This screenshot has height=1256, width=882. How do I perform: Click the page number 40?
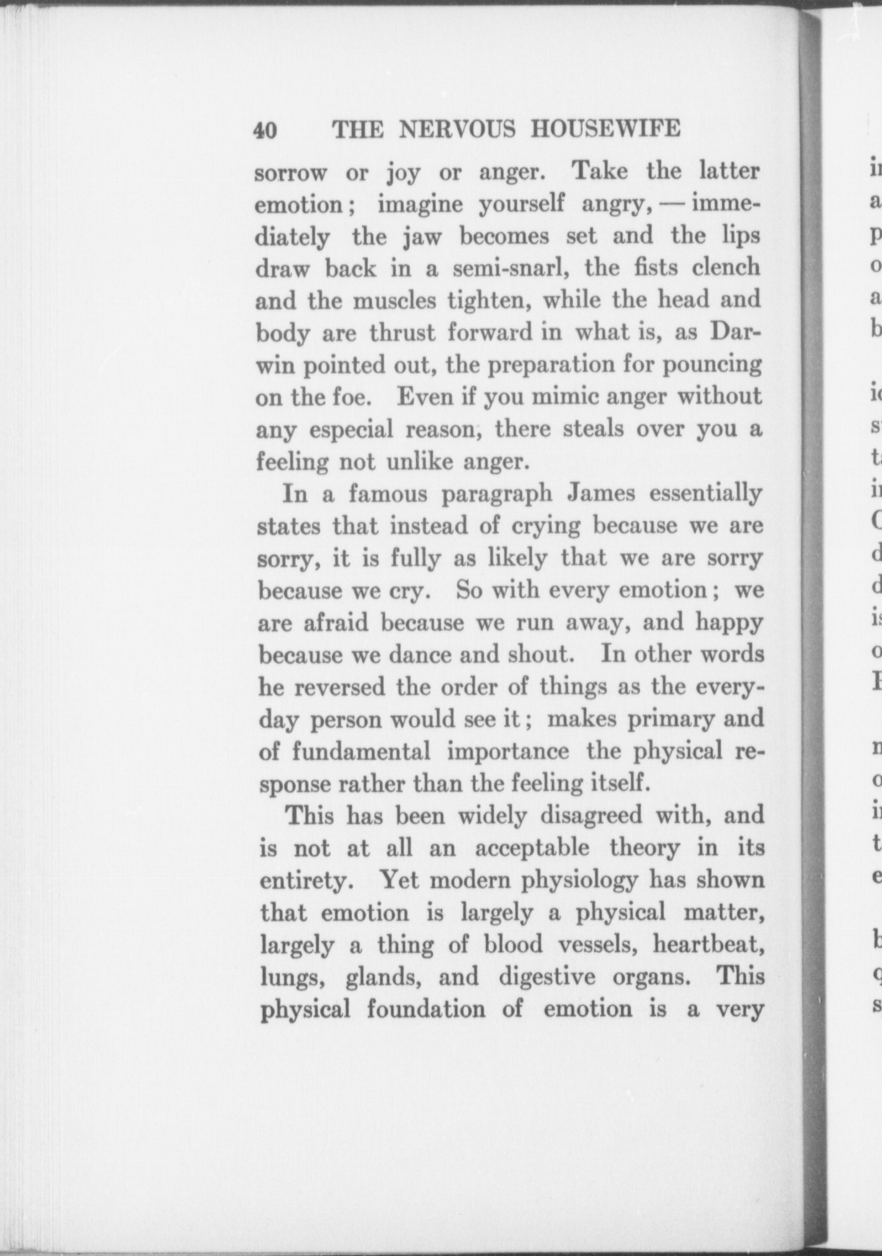(x=266, y=130)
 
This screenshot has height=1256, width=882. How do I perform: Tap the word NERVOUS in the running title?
(x=457, y=129)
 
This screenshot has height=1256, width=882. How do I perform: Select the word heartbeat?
(x=708, y=946)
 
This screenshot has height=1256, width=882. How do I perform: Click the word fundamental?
(x=361, y=752)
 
